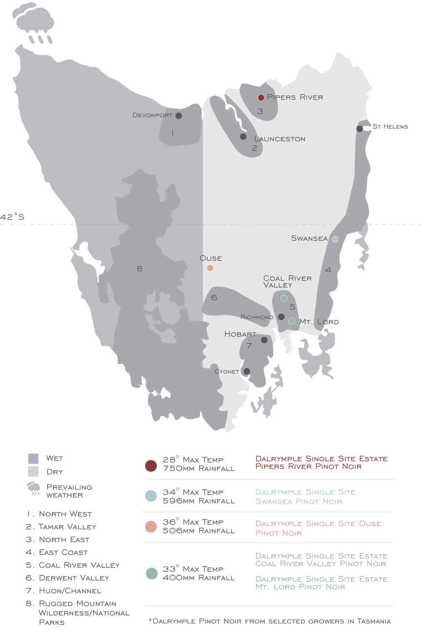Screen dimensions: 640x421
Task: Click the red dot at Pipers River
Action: point(261,97)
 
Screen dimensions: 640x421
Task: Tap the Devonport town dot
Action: point(179,116)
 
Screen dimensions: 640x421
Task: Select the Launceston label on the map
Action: point(280,139)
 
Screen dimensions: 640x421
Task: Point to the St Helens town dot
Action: point(360,129)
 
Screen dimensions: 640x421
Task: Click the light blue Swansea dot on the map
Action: point(335,239)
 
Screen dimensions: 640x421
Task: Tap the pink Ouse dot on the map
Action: point(210,268)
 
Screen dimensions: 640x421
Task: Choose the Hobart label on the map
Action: point(240,334)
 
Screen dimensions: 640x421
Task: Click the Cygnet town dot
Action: point(247,371)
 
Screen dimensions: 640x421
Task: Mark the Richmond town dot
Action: point(281,317)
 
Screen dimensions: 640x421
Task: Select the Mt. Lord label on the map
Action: point(319,322)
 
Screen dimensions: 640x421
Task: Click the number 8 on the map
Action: point(140,269)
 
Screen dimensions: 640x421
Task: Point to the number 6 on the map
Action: point(214,298)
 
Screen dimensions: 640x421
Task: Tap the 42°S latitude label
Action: point(12,217)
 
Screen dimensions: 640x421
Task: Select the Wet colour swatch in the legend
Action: point(33,459)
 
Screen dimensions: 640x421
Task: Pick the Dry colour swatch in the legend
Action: point(33,472)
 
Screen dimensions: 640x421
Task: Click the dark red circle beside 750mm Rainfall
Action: point(151,465)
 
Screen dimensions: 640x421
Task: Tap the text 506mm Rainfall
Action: point(199,531)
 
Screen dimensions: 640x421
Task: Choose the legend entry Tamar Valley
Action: point(67,527)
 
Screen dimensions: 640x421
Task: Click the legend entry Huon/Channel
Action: point(70,591)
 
